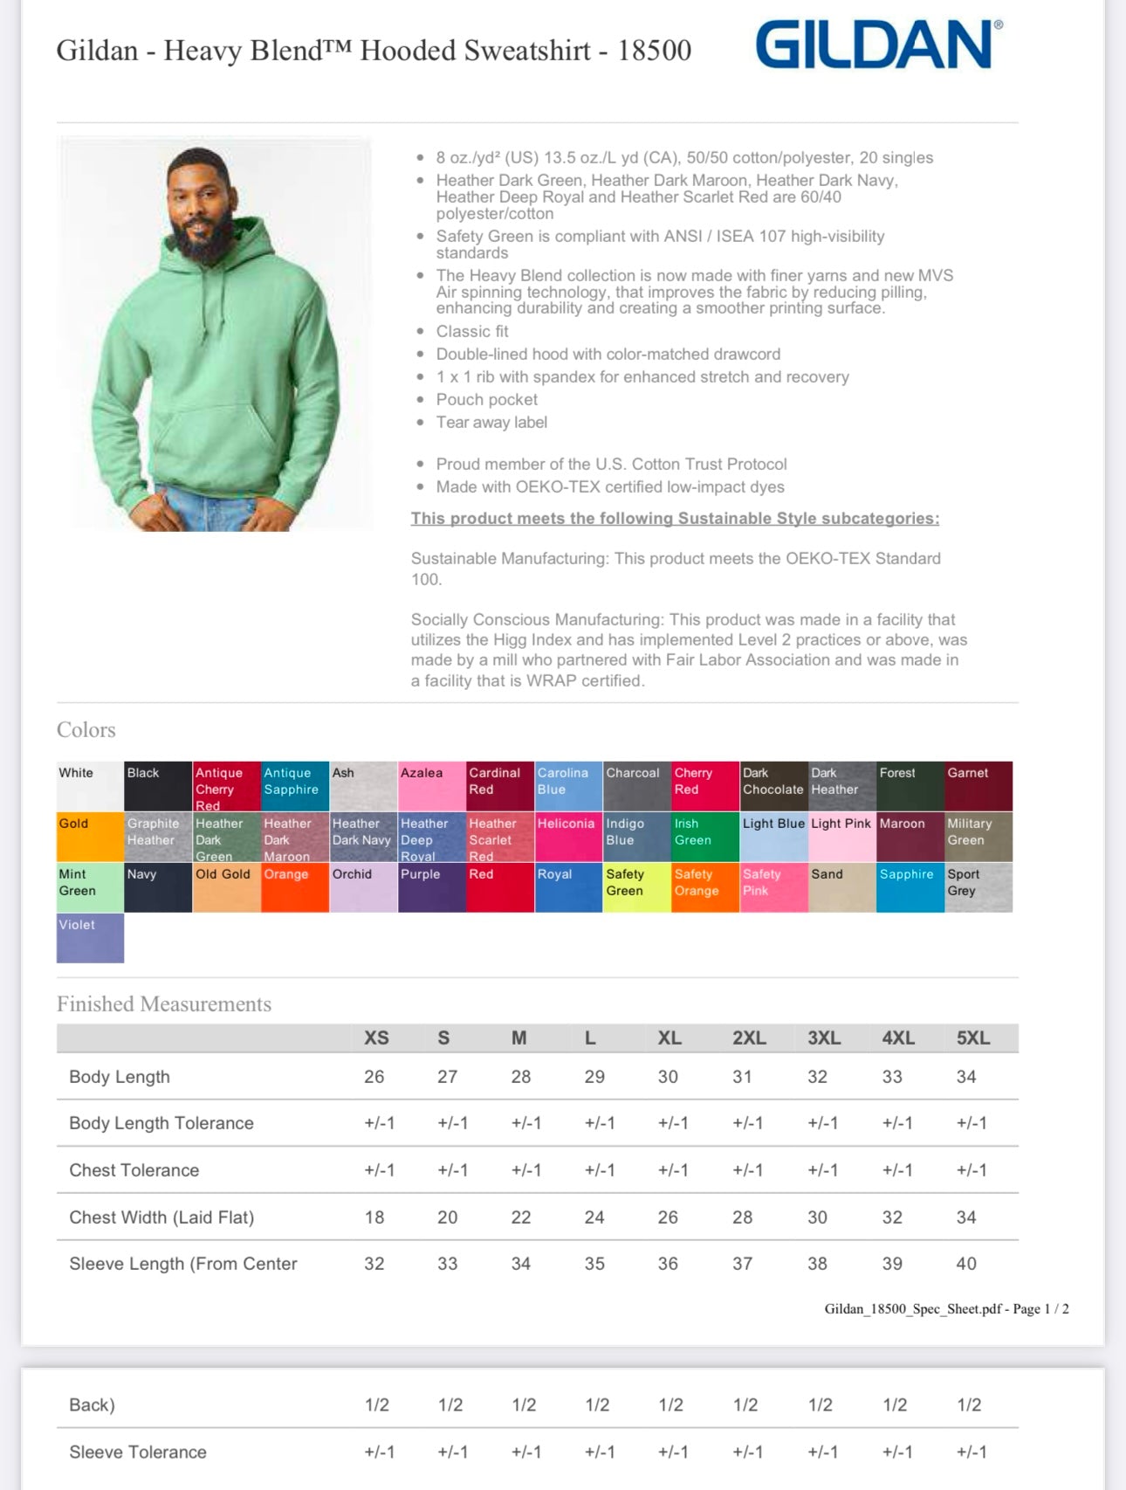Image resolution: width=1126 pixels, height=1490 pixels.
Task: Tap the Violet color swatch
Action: (90, 938)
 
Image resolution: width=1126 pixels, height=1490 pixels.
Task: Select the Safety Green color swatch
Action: (636, 887)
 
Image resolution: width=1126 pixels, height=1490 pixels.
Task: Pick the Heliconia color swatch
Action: (567, 837)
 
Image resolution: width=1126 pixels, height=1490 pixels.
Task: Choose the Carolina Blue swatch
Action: (567, 786)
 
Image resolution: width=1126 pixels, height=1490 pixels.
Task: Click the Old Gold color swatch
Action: (226, 887)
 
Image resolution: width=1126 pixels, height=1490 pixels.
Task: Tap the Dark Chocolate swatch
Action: (773, 786)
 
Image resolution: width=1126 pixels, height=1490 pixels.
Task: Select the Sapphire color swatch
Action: (910, 887)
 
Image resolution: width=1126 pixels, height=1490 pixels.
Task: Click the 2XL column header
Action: (749, 1038)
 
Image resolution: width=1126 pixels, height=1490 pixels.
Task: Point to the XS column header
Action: (376, 1038)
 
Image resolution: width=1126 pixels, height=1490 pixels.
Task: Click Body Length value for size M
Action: (520, 1077)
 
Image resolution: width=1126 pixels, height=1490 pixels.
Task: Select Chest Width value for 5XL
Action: (965, 1218)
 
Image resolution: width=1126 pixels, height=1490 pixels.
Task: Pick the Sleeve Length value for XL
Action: (668, 1264)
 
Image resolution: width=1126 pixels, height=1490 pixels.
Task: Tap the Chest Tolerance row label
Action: (134, 1170)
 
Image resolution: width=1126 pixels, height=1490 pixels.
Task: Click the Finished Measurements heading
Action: (164, 1004)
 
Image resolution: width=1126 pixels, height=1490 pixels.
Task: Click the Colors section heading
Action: (86, 730)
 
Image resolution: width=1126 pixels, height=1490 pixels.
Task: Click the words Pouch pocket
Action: (487, 400)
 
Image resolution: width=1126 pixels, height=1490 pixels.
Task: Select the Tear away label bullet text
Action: (491, 423)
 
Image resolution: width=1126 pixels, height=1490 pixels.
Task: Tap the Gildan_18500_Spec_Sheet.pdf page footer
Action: (946, 1308)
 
